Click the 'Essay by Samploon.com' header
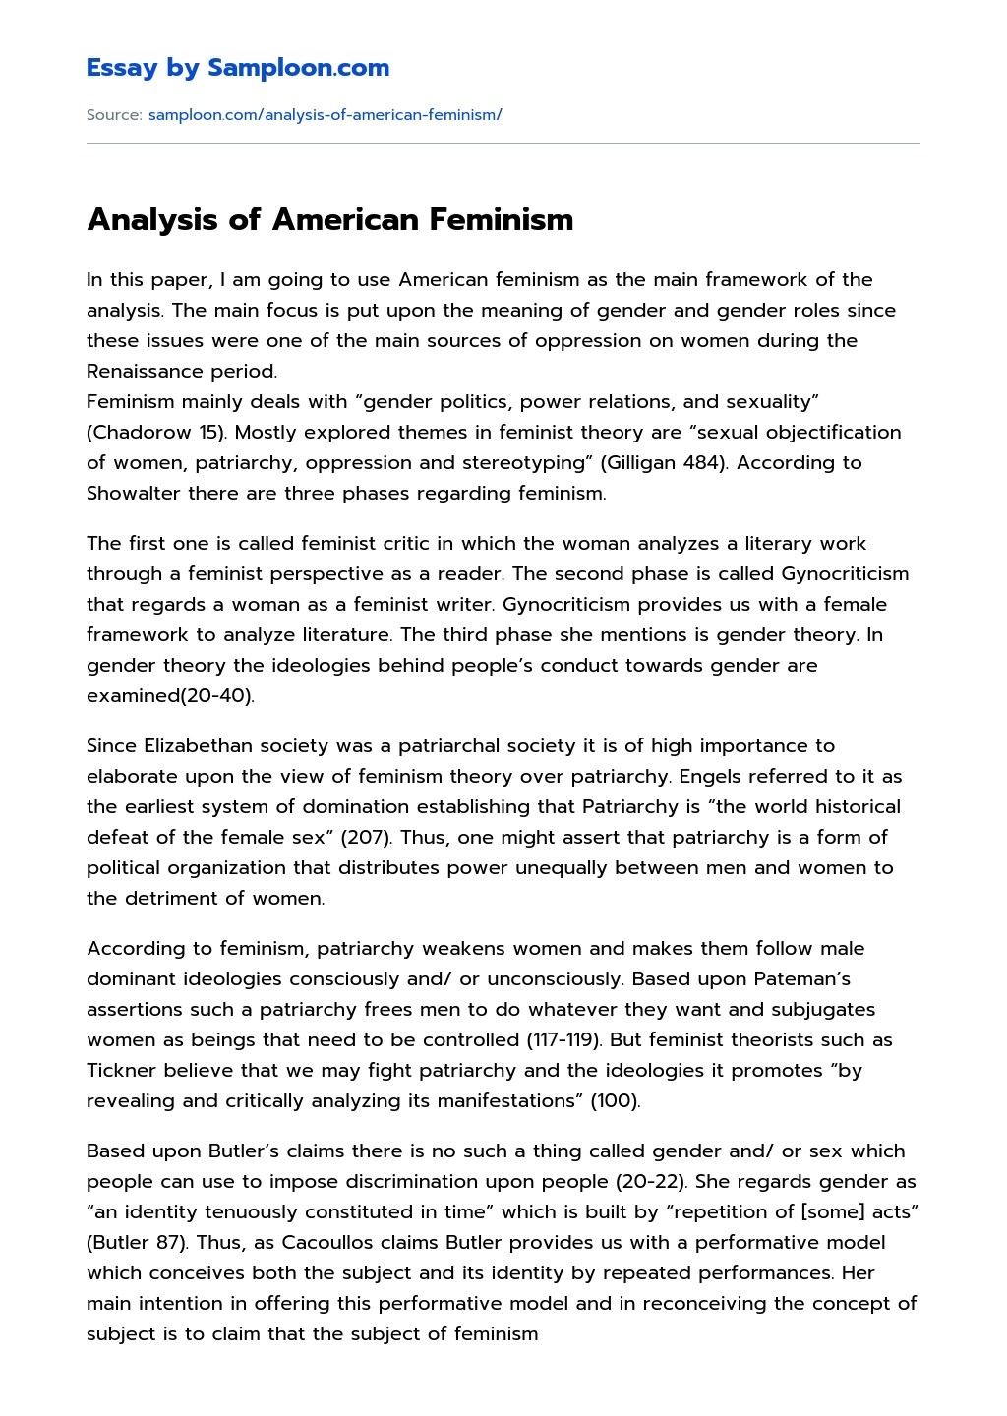[x=237, y=68]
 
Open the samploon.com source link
[x=325, y=115]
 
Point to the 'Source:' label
[x=114, y=115]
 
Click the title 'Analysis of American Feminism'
[x=329, y=219]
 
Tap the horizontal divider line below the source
[x=503, y=144]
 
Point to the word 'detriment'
[x=171, y=899]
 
